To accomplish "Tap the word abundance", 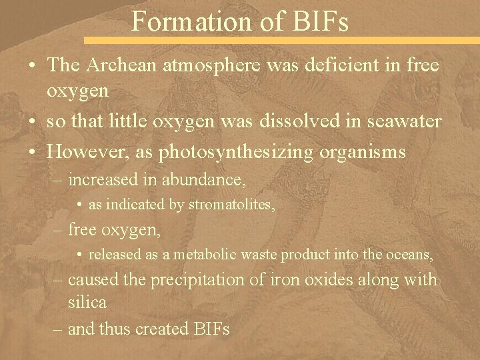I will [209, 180].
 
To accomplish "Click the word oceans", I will [410, 255].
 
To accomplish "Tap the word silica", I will [87, 302].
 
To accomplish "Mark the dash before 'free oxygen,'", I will [59, 230].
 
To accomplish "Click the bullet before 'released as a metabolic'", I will [79, 255].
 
